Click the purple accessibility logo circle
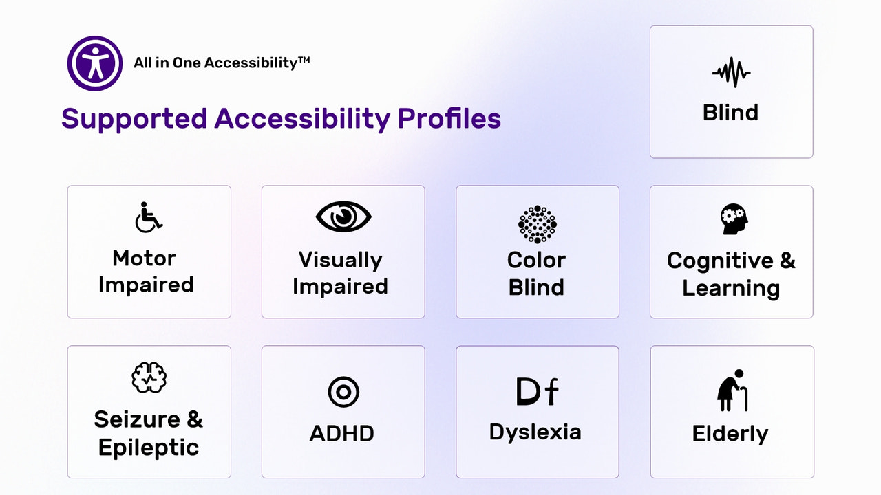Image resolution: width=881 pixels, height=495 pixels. tap(94, 63)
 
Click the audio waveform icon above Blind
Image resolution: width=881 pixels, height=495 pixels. tap(731, 73)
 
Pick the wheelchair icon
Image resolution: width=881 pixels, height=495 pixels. tap(148, 217)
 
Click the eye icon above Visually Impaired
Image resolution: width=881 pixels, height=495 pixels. tap(343, 217)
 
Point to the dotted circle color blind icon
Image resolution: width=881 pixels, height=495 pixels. tap(537, 224)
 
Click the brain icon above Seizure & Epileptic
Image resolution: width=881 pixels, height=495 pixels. tap(149, 377)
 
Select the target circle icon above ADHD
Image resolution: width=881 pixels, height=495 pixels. tap(343, 393)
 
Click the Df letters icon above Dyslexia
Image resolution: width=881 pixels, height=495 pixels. tap(537, 391)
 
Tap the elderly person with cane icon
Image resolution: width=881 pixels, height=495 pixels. tap(732, 390)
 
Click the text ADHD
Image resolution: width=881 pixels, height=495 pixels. tap(342, 434)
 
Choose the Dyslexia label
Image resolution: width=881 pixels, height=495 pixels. tap(535, 432)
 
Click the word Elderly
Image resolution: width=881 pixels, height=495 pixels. tap(730, 434)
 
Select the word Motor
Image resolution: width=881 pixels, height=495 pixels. tap(145, 258)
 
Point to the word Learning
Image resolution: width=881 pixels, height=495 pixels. tap(731, 288)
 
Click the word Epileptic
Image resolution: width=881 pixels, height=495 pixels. tap(149, 448)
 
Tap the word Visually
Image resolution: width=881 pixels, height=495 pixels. tap(340, 261)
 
